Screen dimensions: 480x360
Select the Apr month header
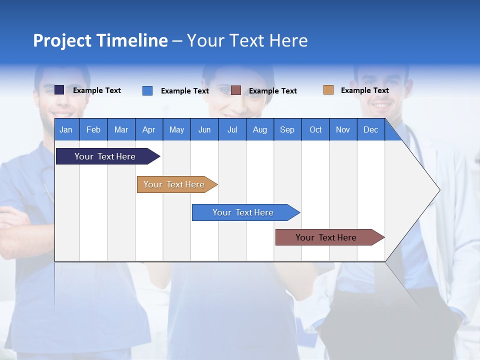149,129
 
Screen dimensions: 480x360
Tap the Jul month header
232,129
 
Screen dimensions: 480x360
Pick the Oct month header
315,129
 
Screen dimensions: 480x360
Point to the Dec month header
371,129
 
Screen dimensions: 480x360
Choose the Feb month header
93,129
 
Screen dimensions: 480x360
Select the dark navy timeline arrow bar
108,156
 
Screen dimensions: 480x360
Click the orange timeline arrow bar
177,184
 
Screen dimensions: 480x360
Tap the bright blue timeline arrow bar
246,212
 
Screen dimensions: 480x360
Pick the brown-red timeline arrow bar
330,237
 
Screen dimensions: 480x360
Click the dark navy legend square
59,89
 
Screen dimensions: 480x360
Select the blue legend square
147,90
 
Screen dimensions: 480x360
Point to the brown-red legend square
235,90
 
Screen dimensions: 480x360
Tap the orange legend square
328,89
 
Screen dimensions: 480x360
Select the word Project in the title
62,41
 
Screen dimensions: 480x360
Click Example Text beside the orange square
365,90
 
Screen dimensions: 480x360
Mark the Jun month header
204,129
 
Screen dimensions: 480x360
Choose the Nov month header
343,129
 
